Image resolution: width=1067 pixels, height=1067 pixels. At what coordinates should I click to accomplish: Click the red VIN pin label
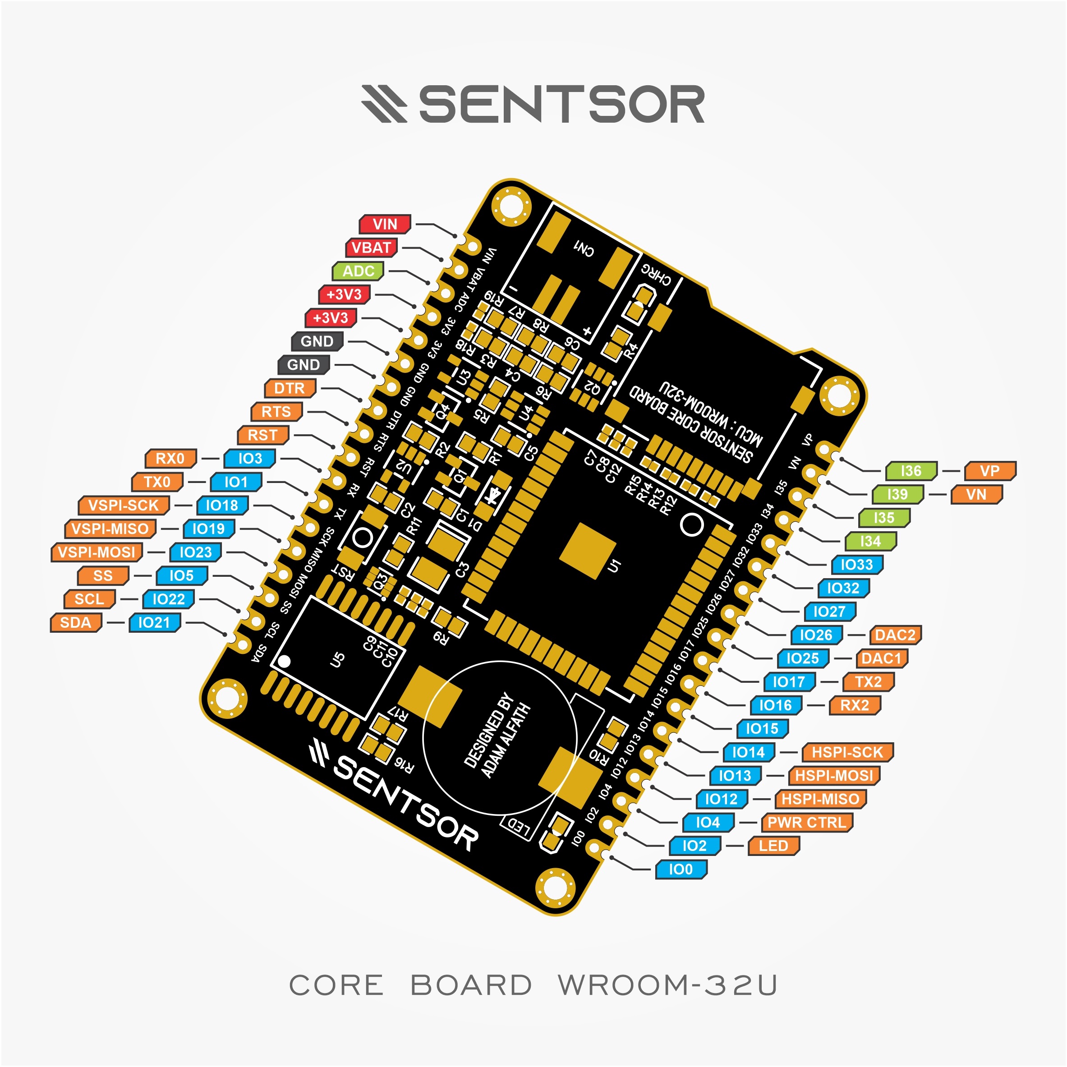point(385,224)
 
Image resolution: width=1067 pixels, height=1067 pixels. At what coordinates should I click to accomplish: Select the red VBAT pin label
point(372,248)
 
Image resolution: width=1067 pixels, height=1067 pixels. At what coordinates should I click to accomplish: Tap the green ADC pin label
point(359,271)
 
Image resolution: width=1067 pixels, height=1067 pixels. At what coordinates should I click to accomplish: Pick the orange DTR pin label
point(290,388)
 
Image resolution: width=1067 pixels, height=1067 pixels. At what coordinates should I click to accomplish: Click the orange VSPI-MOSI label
point(97,552)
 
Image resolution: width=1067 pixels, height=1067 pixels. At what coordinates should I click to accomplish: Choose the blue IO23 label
point(196,552)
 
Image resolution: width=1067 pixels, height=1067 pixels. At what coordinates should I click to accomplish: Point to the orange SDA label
point(76,622)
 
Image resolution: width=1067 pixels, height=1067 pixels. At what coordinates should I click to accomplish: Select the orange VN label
point(976,494)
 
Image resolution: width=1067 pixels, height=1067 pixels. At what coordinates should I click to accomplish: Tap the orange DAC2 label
point(895,635)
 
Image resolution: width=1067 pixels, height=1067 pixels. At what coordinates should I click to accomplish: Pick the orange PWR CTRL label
point(806,822)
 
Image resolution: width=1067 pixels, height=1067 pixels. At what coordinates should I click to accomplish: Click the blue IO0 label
point(681,869)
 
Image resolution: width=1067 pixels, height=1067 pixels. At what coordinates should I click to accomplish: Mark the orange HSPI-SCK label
point(847,752)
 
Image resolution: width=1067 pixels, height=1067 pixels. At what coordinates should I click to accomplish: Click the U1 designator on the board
point(614,566)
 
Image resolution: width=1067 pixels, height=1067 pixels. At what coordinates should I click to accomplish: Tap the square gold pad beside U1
point(587,551)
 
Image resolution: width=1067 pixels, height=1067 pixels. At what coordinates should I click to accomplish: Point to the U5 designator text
point(337,659)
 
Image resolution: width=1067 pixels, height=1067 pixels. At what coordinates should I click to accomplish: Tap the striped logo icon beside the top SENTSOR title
point(384,103)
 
